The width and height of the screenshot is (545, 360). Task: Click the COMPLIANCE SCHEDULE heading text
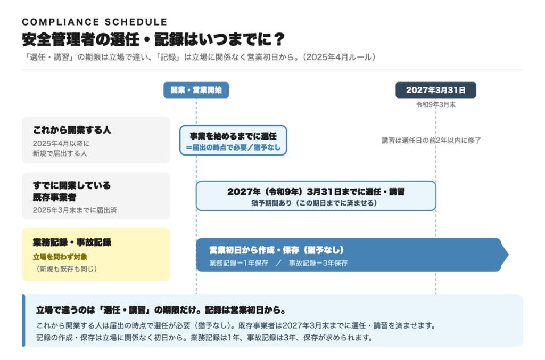(95, 22)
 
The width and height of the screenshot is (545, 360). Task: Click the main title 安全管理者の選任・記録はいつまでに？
(153, 39)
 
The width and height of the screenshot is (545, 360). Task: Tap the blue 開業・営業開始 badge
(196, 90)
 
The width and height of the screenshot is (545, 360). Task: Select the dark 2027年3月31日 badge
(436, 90)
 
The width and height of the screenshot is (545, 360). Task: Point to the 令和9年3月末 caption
(436, 105)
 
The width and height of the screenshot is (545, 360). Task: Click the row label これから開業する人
(72, 130)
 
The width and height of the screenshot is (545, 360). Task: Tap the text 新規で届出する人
(60, 153)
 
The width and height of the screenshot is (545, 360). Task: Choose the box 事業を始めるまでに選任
(233, 140)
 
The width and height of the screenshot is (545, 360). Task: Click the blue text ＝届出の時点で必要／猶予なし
(233, 148)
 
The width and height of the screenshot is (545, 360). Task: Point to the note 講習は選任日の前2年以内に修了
(431, 141)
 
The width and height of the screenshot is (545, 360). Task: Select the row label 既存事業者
(55, 198)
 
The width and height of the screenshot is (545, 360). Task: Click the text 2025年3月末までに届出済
(75, 210)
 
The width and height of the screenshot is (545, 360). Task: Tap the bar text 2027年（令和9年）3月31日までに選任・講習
(316, 192)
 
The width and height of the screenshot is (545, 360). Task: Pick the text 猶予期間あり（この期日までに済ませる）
(314, 203)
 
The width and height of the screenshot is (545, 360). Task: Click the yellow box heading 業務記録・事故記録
(72, 242)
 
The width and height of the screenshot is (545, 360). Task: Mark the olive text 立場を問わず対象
(60, 257)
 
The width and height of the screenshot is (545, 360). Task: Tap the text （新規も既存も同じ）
(66, 269)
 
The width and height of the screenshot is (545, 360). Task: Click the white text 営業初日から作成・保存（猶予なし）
(276, 250)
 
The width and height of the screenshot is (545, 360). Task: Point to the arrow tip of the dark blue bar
(508, 255)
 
